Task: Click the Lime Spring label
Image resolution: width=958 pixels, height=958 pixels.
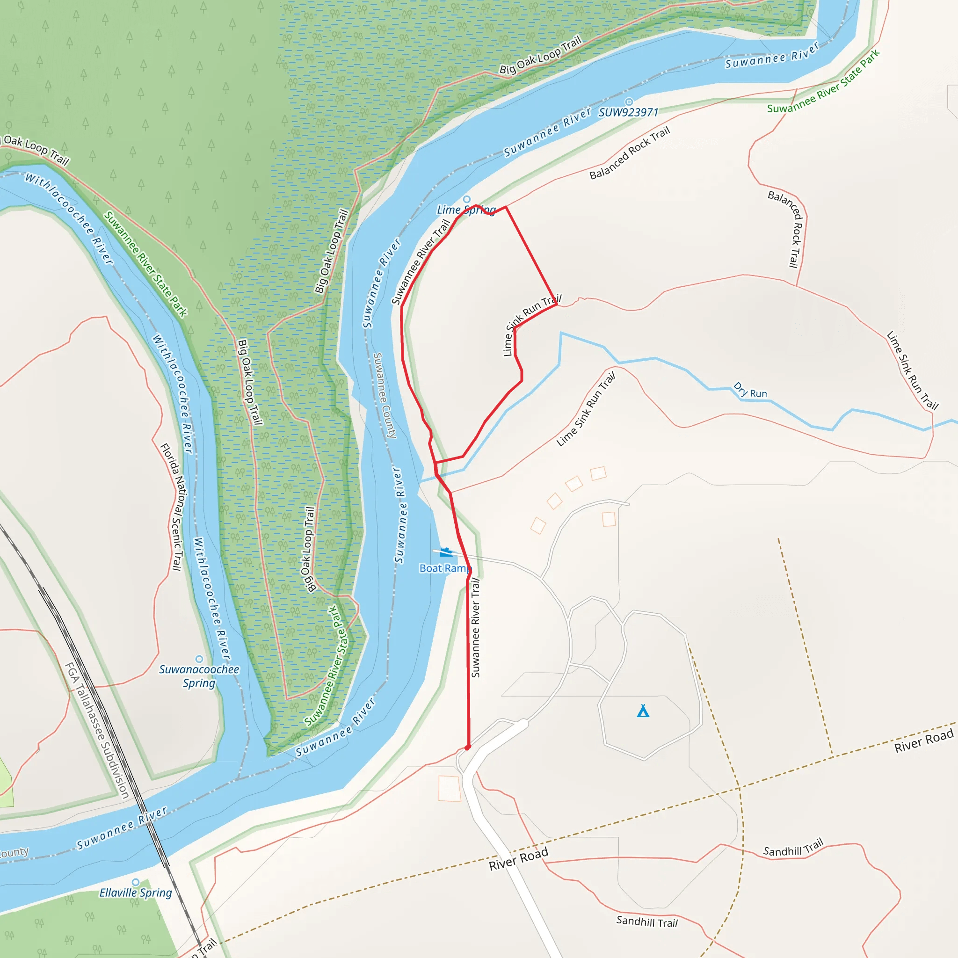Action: [x=465, y=210]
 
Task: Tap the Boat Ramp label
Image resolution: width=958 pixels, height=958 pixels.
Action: [x=444, y=568]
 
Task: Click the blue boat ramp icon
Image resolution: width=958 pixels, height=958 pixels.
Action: [x=445, y=552]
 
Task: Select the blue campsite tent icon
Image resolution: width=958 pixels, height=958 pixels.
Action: [x=643, y=711]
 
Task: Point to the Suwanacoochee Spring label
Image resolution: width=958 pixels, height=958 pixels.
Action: [x=199, y=676]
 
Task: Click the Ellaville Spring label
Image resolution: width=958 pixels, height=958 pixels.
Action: [x=135, y=893]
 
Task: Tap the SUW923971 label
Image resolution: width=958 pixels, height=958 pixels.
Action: [x=628, y=113]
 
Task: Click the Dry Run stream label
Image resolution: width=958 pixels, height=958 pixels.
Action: [x=750, y=390]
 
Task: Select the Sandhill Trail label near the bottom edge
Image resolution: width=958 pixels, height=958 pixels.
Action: [x=646, y=922]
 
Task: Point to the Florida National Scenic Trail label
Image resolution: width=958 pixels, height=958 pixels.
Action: [x=172, y=506]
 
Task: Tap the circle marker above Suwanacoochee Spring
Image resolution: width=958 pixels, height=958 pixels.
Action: [x=199, y=659]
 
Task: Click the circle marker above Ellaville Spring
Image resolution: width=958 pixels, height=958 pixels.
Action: [x=135, y=882]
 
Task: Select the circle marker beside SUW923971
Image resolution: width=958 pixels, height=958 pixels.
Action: [x=629, y=102]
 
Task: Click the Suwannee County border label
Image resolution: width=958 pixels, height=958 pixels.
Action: [x=385, y=395]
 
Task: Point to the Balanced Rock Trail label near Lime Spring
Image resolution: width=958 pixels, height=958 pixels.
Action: [x=629, y=152]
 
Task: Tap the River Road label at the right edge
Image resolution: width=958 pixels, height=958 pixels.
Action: [x=924, y=740]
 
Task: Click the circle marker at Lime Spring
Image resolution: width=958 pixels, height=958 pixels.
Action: [x=466, y=199]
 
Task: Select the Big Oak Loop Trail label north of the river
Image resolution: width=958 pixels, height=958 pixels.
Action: [x=540, y=56]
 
